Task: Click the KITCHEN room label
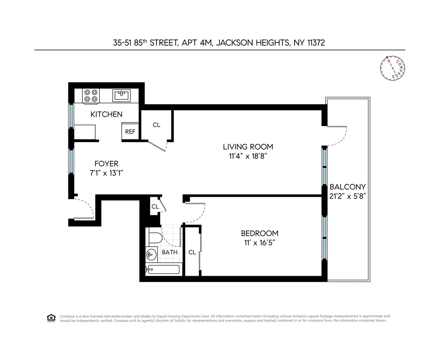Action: (106, 114)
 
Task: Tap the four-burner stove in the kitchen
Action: (91, 95)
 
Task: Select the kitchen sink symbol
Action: (121, 95)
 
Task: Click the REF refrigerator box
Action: (130, 132)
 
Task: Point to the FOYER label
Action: (106, 164)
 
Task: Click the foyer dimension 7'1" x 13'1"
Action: (106, 173)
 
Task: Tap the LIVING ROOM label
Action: (248, 147)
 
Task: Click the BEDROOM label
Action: (259, 233)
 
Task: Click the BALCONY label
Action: (347, 187)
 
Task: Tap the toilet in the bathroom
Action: (155, 239)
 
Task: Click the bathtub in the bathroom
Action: (163, 270)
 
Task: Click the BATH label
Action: (169, 252)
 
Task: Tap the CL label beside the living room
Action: (156, 125)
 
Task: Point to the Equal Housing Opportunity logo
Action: (51, 318)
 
